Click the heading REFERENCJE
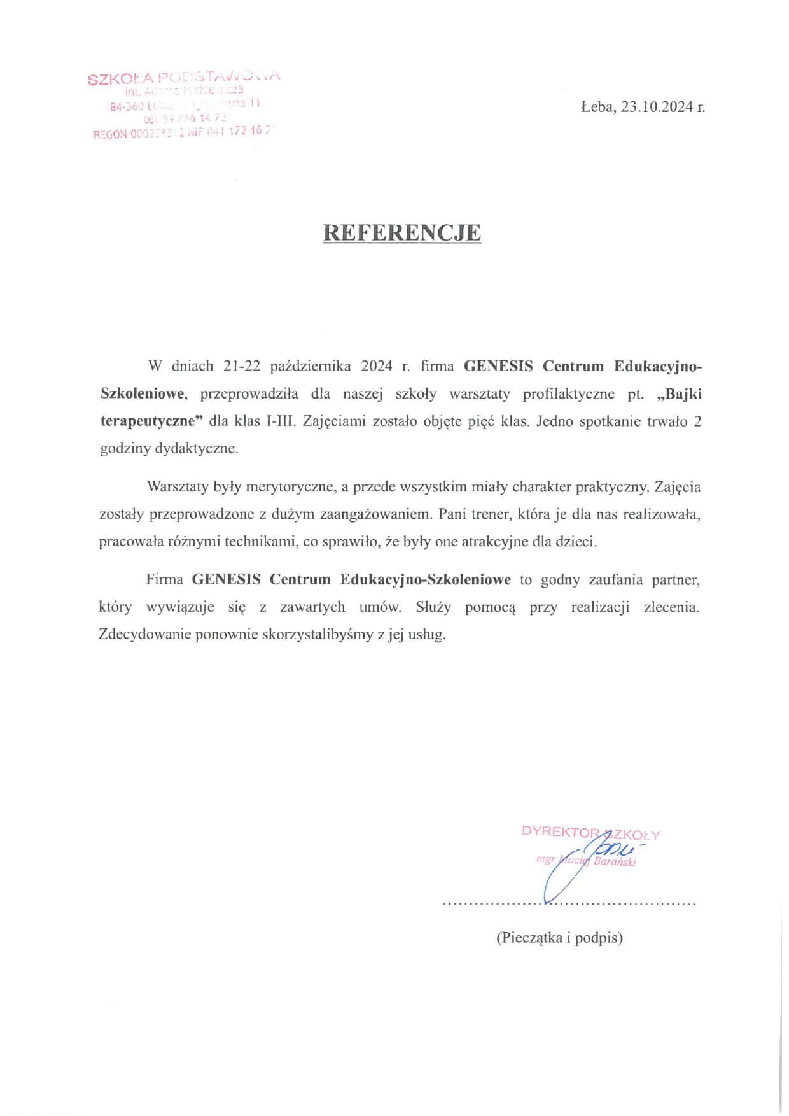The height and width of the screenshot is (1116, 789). (x=402, y=233)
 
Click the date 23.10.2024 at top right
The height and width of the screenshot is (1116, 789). (x=657, y=107)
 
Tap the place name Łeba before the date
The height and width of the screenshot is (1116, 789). (x=598, y=107)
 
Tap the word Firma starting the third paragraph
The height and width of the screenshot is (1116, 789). (x=165, y=580)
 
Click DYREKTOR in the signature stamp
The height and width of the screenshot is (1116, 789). (x=560, y=831)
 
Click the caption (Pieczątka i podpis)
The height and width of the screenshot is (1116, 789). (x=559, y=937)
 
